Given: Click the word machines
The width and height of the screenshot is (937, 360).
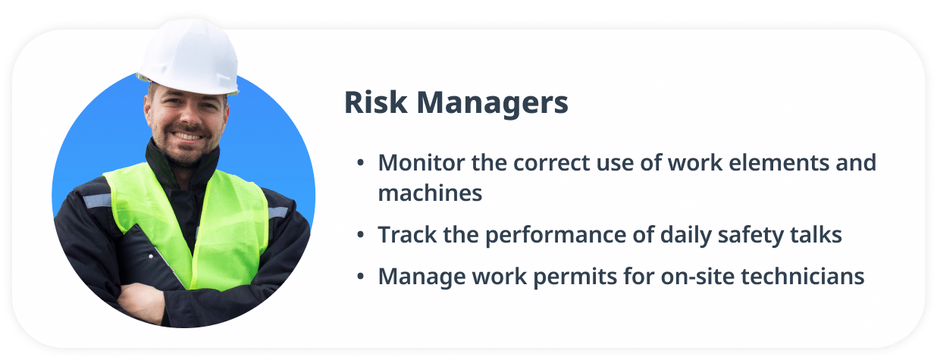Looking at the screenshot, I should [430, 193].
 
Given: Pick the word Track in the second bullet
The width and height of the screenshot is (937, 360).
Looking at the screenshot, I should [403, 235].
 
